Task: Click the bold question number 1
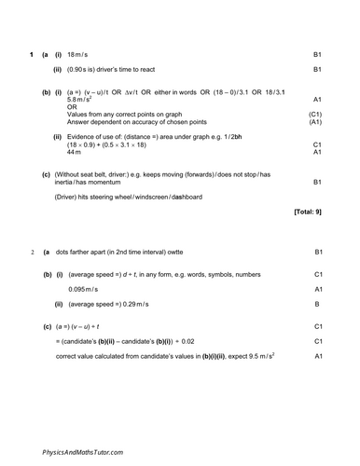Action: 31,54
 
